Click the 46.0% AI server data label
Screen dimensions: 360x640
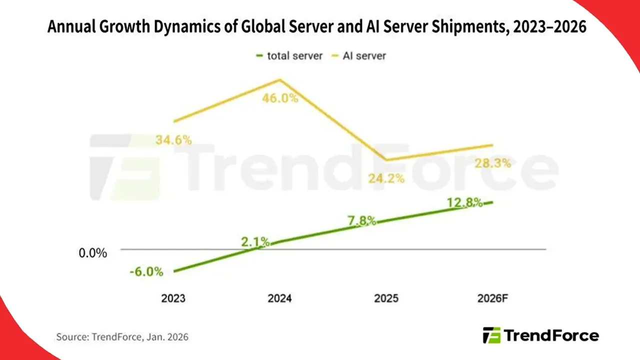280,97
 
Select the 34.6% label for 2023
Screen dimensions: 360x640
173,140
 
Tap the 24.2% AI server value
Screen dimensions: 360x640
385,177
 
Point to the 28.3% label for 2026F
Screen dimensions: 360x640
492,163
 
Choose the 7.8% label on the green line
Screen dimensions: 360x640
362,221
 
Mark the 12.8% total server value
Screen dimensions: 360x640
465,202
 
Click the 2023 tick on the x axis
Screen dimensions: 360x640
173,298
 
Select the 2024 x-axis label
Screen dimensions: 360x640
279,298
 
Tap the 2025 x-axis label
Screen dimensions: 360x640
386,298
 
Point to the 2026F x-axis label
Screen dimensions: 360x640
492,298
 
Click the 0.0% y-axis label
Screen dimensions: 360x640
93,253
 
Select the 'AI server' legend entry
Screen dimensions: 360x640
358,55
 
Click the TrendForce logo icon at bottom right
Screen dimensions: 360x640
491,335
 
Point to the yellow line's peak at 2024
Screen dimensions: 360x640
280,79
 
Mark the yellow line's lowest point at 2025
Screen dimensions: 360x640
386,160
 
